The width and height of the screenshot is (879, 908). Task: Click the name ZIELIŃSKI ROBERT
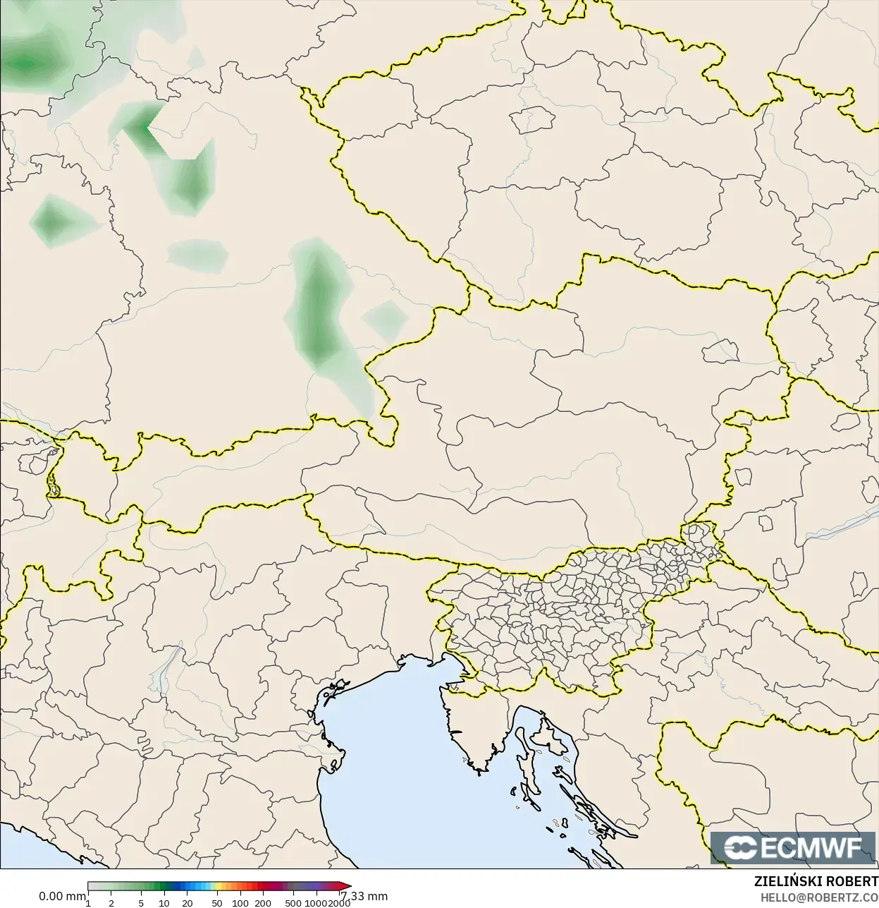tap(816, 882)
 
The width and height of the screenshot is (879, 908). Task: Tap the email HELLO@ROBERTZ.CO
tap(818, 897)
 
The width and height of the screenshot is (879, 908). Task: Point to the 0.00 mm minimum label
tap(62, 896)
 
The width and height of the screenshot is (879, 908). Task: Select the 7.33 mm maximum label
tap(364, 896)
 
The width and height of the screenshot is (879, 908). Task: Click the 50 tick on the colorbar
tap(216, 903)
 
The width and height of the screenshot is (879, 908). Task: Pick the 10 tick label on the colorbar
tap(164, 903)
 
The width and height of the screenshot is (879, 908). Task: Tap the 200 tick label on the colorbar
tap(263, 903)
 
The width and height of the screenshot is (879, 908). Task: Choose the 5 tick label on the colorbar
tap(141, 903)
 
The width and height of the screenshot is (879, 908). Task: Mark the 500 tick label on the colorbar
tap(293, 903)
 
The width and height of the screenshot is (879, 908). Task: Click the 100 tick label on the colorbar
tap(240, 903)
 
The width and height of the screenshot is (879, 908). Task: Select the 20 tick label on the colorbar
tap(187, 903)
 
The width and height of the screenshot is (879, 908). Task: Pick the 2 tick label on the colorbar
tap(111, 903)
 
